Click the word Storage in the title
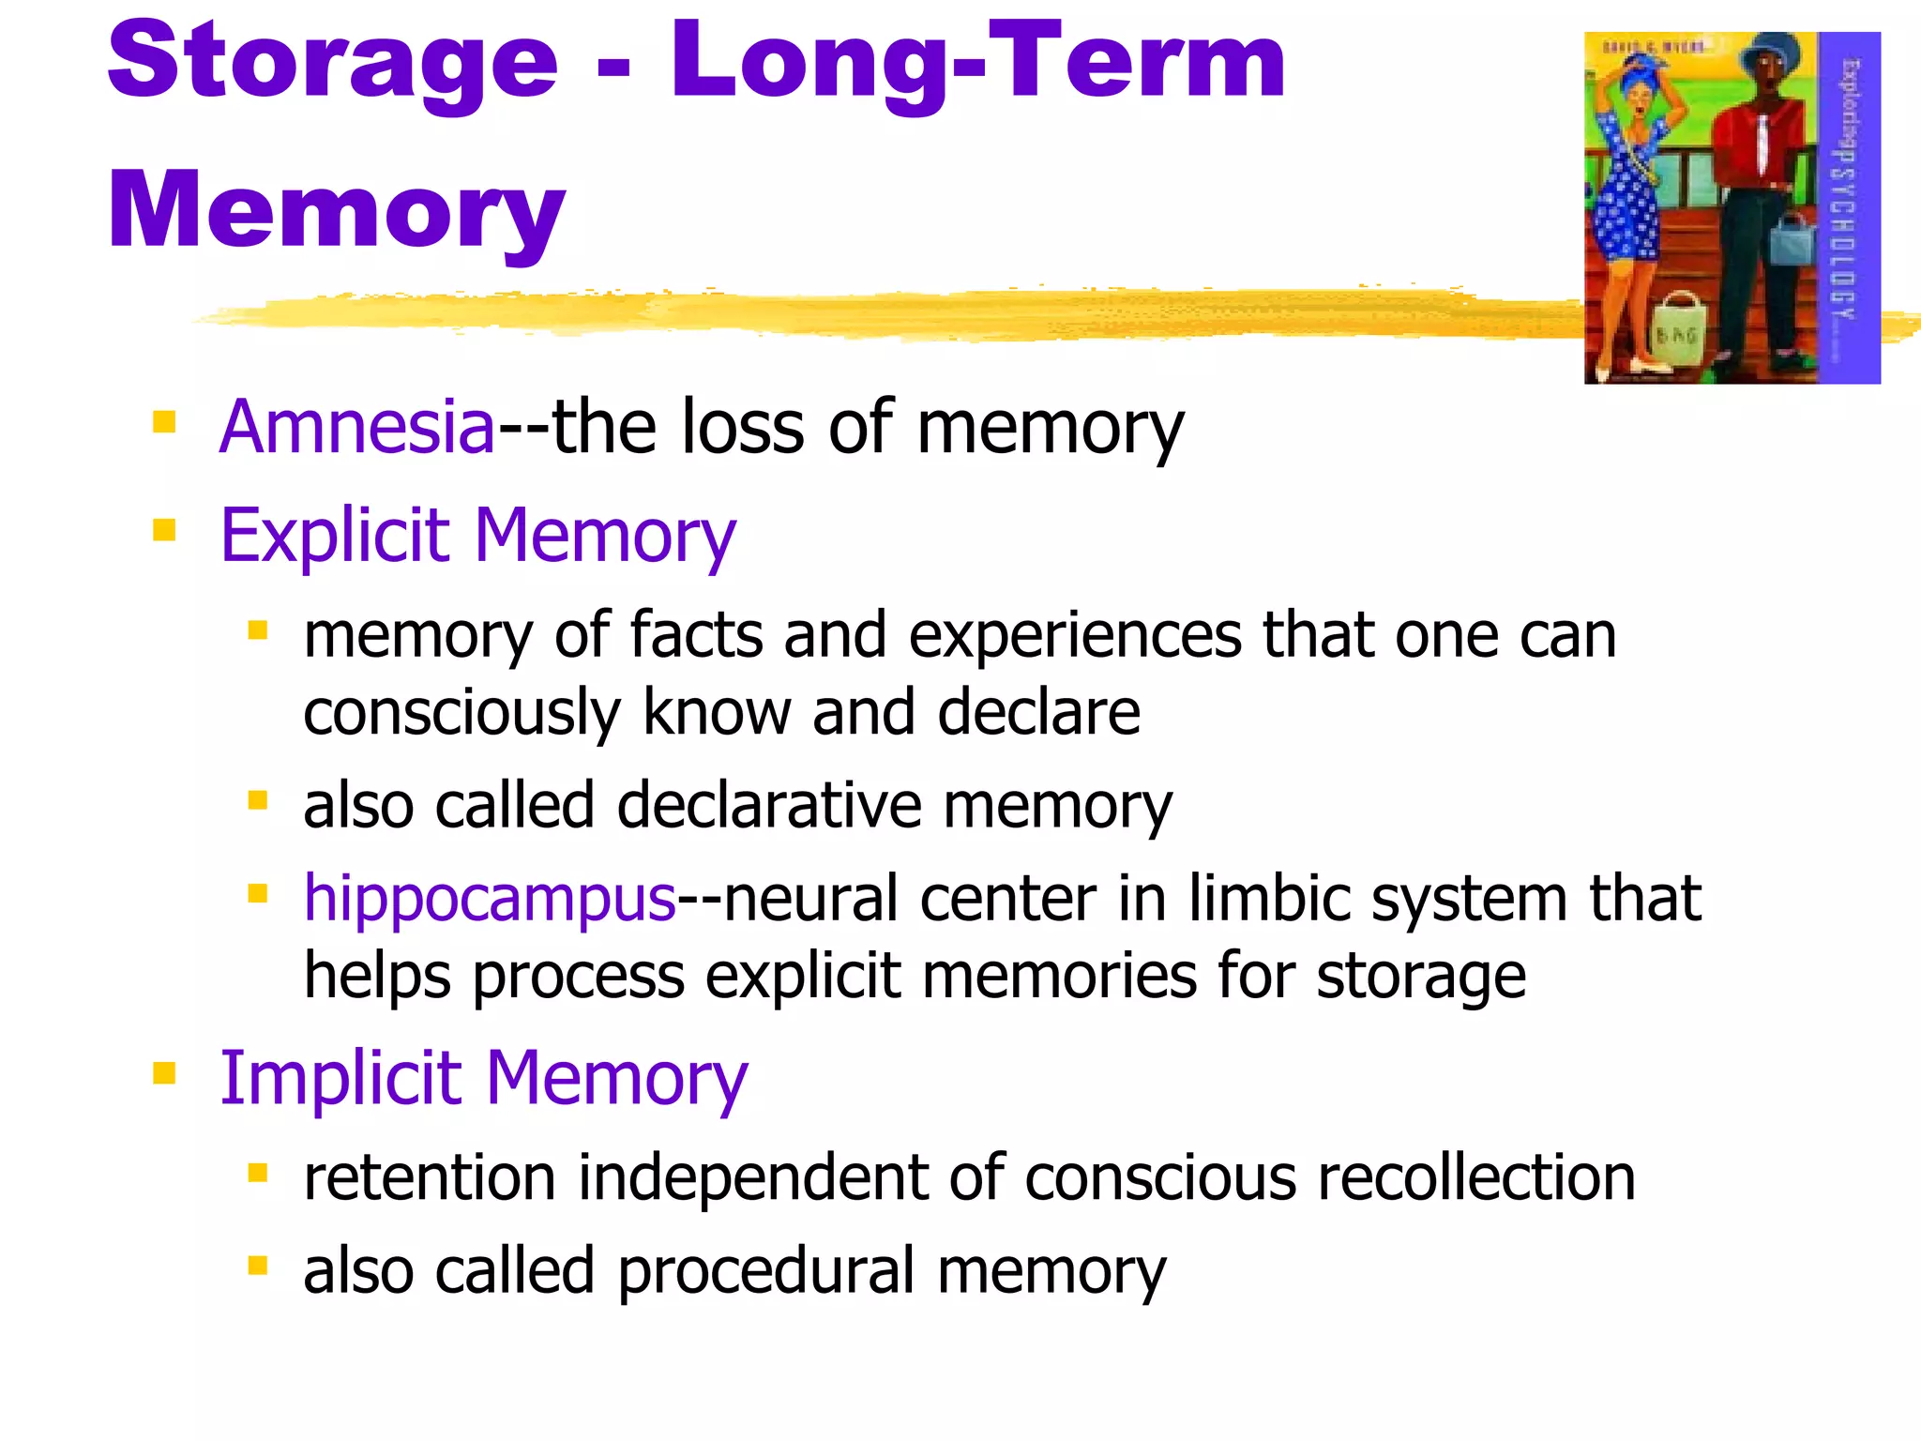(x=333, y=64)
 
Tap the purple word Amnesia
(x=356, y=427)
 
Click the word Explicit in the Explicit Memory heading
(x=335, y=535)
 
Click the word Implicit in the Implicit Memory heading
(x=340, y=1078)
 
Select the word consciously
(x=461, y=714)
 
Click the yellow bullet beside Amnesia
(x=164, y=423)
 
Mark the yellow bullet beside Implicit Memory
(x=164, y=1072)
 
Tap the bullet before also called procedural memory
(x=257, y=1267)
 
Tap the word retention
(x=430, y=1177)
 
